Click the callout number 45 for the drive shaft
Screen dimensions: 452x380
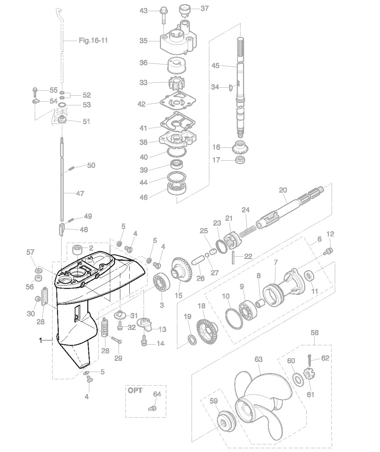coord(216,65)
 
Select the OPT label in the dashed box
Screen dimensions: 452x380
coord(135,390)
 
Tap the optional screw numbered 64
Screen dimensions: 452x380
coord(152,409)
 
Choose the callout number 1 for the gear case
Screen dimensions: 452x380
coord(41,341)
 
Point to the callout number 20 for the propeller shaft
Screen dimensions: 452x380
coord(283,190)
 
